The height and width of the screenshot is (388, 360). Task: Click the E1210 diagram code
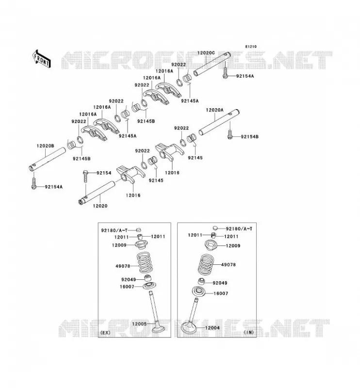(x=251, y=47)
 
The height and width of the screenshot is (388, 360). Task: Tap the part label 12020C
(x=206, y=53)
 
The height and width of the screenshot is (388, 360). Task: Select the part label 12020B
(x=45, y=146)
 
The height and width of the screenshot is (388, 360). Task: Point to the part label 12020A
(x=214, y=110)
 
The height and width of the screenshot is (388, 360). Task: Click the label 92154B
(x=249, y=137)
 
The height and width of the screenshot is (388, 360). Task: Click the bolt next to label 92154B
(x=230, y=134)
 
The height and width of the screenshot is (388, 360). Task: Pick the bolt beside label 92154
(x=85, y=176)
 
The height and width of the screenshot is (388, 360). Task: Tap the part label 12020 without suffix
(x=100, y=206)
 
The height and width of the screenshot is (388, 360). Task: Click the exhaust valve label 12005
(x=139, y=324)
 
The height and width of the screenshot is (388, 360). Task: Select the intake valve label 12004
(x=212, y=328)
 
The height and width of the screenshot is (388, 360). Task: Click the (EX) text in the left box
(x=105, y=333)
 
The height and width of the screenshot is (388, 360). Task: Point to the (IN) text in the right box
(x=249, y=332)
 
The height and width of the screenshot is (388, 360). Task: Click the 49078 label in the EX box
(x=123, y=266)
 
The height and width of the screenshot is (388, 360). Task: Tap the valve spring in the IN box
(x=206, y=264)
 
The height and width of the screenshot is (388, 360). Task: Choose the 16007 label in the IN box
(x=221, y=293)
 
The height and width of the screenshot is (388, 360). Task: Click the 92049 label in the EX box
(x=129, y=280)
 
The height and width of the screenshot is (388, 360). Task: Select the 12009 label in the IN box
(x=233, y=246)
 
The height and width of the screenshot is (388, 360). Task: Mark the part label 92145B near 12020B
(x=82, y=159)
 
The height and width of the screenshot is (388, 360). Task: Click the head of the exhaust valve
(x=160, y=329)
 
